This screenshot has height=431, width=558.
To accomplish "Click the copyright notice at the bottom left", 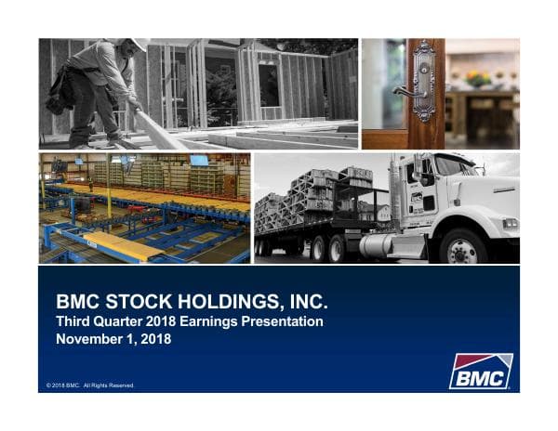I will click(90, 385).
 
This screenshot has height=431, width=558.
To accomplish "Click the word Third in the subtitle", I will click(74, 321).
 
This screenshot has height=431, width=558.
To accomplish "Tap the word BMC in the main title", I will click(77, 303).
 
